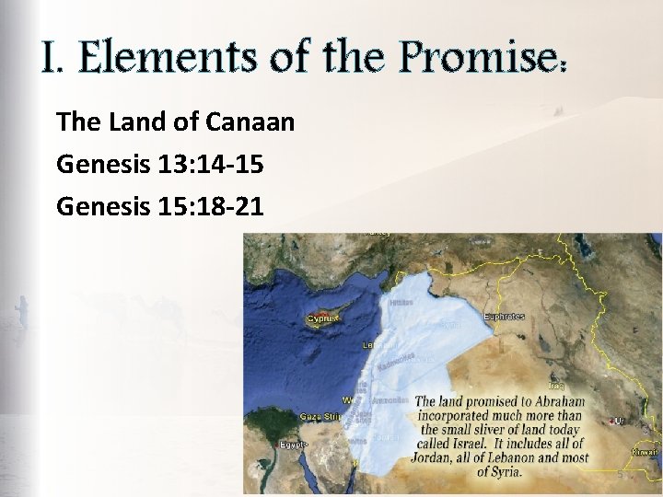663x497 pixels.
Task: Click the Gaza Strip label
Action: pos(320,417)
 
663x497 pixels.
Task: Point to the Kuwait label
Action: pos(646,452)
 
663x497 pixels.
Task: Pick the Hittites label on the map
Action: pos(401,302)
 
